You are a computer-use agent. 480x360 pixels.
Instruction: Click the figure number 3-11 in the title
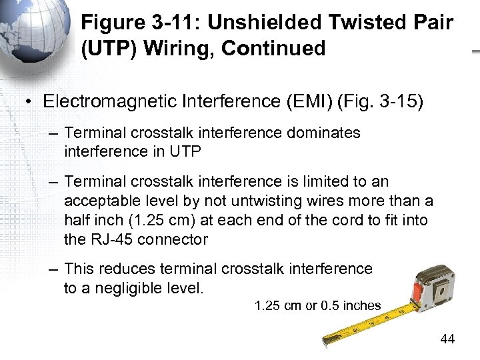pos(175,23)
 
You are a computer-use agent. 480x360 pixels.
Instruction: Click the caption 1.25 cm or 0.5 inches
pos(317,306)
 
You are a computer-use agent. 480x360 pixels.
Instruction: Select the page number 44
pos(447,339)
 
